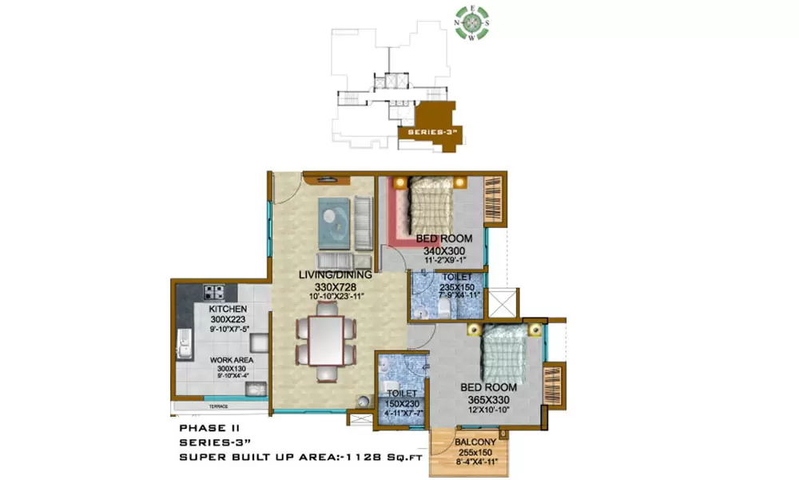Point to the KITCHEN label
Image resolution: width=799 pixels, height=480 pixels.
[x=227, y=309]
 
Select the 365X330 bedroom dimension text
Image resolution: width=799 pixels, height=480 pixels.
[x=487, y=398]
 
